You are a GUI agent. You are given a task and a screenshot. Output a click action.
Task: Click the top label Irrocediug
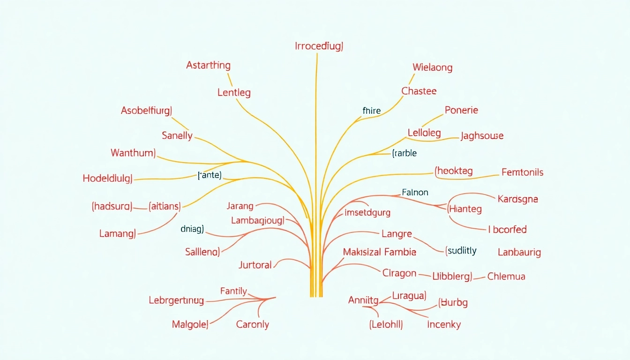319,46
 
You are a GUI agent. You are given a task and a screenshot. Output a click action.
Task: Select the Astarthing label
208,66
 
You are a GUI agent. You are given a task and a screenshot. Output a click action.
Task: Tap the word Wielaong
433,67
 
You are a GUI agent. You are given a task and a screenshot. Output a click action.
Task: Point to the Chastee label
419,91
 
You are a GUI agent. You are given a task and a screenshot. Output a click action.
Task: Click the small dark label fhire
372,111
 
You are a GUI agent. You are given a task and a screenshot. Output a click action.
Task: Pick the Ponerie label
461,110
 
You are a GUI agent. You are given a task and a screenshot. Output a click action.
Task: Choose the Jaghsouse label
482,136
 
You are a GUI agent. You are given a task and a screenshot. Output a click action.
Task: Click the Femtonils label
522,172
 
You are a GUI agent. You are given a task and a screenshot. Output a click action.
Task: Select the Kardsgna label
517,199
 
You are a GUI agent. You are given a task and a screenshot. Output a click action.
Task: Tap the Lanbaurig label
519,252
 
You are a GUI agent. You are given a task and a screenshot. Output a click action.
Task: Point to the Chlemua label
506,276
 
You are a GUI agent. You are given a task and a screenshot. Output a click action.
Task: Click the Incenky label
444,324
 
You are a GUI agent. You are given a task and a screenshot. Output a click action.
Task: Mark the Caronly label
253,324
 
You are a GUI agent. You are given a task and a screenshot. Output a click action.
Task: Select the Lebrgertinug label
176,300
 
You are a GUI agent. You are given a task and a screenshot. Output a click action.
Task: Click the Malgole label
190,324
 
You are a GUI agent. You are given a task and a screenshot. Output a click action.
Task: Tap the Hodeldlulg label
107,178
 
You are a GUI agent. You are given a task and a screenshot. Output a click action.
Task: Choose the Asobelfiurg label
146,111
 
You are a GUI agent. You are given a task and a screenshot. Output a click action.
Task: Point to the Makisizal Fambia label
380,252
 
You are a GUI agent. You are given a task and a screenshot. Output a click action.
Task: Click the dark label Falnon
415,192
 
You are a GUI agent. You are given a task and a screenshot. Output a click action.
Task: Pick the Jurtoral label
255,265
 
